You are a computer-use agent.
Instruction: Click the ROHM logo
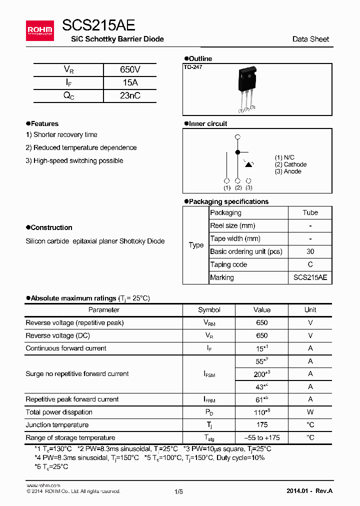coord(40,30)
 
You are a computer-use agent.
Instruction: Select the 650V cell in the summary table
coord(130,70)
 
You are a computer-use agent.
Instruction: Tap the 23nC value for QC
coord(130,96)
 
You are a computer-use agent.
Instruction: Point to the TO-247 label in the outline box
coord(193,67)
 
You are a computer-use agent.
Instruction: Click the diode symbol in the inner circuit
coord(248,163)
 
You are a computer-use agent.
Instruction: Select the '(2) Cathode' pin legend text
coord(290,164)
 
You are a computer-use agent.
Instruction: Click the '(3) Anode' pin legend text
coord(288,171)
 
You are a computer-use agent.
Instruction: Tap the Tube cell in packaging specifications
coord(310,212)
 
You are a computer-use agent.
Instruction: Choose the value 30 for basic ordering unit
coord(310,251)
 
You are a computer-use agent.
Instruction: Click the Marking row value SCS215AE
coord(310,277)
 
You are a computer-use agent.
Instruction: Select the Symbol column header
coord(209,310)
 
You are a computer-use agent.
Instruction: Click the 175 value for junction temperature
coord(261,425)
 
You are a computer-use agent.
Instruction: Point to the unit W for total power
coord(310,412)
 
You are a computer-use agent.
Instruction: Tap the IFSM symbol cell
coord(209,374)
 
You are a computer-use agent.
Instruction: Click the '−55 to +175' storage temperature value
coord(261,437)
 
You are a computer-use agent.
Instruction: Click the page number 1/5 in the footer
coord(178,491)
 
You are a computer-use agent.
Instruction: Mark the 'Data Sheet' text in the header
coord(310,39)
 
